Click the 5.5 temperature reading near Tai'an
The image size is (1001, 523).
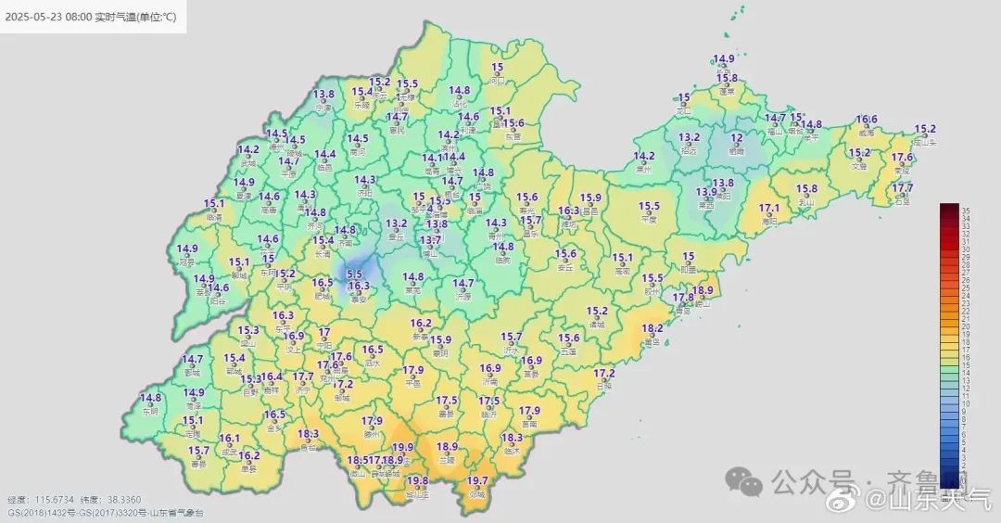pyautogui.click(x=354, y=274)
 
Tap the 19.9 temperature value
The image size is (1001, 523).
pyautogui.click(x=403, y=447)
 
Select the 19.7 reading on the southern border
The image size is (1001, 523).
pyautogui.click(x=476, y=480)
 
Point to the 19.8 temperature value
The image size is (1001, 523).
pyautogui.click(x=417, y=480)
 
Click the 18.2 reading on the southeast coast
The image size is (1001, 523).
pyautogui.click(x=653, y=328)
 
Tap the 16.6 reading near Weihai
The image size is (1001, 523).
pyautogui.click(x=867, y=119)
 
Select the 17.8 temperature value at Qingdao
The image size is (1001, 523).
pyautogui.click(x=683, y=298)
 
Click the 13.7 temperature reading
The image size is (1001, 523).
pyautogui.click(x=430, y=240)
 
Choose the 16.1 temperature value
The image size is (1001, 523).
pyautogui.click(x=230, y=438)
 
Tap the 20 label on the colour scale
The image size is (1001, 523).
pyautogui.click(x=965, y=326)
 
